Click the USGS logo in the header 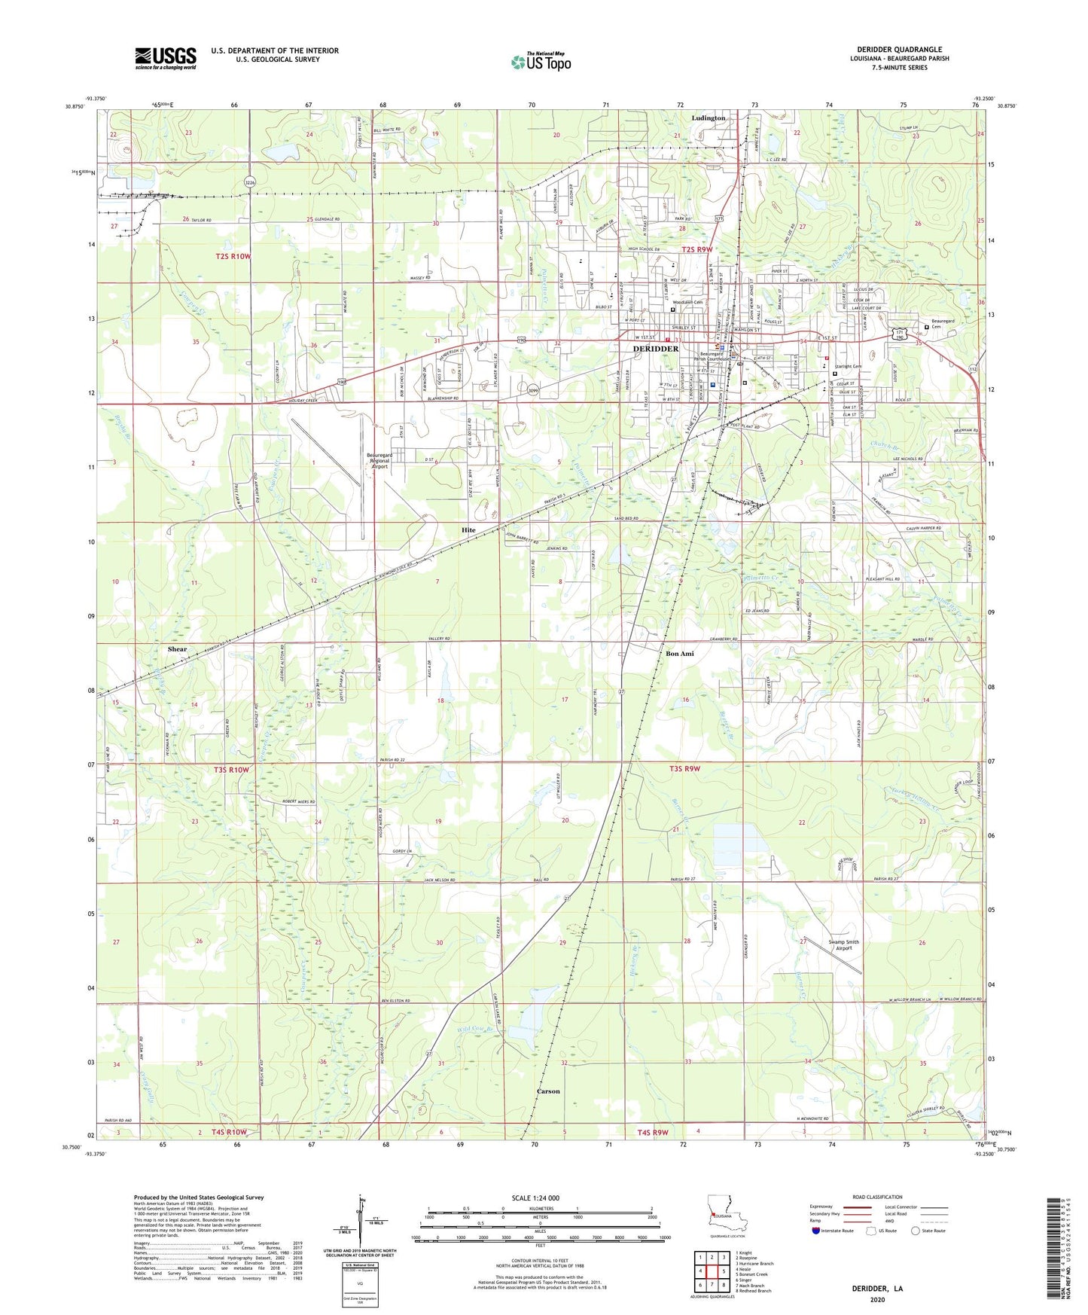coord(166,57)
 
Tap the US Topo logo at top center coord(540,62)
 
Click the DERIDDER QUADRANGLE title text coord(899,50)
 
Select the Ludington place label coord(709,118)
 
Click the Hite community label coord(468,530)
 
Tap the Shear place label coord(177,649)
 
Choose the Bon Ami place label coord(679,654)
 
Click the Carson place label coord(548,1091)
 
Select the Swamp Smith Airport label coord(843,945)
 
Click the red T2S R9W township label coord(696,249)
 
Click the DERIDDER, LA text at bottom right coord(876,1289)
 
